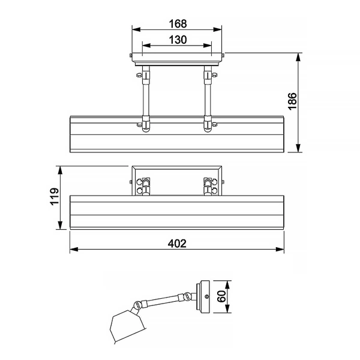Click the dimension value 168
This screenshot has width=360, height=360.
tap(178, 23)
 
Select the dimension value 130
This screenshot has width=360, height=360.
tap(178, 40)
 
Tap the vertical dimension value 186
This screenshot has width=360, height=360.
tap(292, 101)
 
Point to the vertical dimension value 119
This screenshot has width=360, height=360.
tap(55, 196)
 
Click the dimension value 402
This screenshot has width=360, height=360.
tap(177, 244)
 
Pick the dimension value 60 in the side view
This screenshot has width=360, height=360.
tap(221, 296)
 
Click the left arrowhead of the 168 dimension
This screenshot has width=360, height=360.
tap(136, 29)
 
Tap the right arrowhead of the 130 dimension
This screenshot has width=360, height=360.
tap(208, 46)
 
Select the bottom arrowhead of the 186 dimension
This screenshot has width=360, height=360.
tap(298, 148)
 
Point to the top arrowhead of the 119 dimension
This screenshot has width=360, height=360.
tap(60, 170)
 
